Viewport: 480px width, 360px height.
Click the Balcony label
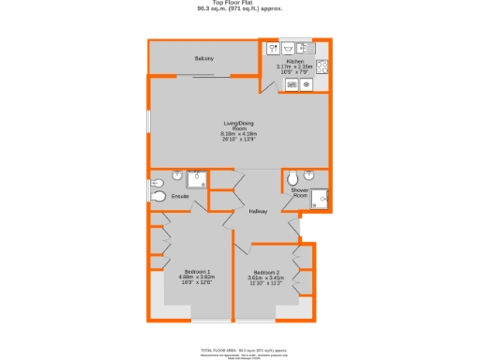[204, 59]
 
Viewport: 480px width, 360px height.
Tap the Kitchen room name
[295, 61]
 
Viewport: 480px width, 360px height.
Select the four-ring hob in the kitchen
[322, 66]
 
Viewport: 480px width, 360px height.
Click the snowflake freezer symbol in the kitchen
[307, 83]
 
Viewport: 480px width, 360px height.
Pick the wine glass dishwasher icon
[273, 47]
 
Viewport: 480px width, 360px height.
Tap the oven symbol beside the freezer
[292, 83]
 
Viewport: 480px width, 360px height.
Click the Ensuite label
[180, 196]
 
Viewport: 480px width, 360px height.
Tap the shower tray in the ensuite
[198, 180]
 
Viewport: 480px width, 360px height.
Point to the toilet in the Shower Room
[293, 178]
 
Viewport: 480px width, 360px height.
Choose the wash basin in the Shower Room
[322, 197]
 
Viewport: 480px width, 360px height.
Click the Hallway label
[258, 211]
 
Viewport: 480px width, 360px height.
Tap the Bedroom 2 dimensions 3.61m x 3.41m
[265, 278]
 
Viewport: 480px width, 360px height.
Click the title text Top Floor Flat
[239, 4]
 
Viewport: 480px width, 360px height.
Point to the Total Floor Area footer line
[239, 349]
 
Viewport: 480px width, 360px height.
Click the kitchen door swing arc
[269, 84]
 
